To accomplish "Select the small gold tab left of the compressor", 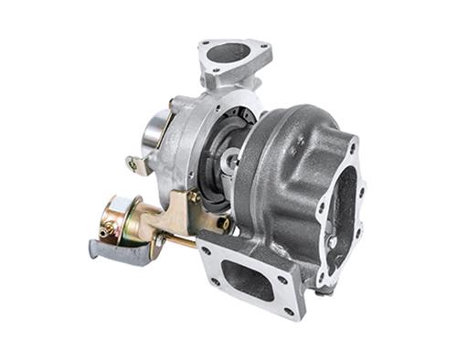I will pyautogui.click(x=137, y=165).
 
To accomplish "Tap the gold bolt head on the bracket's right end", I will pyautogui.click(x=222, y=222).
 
